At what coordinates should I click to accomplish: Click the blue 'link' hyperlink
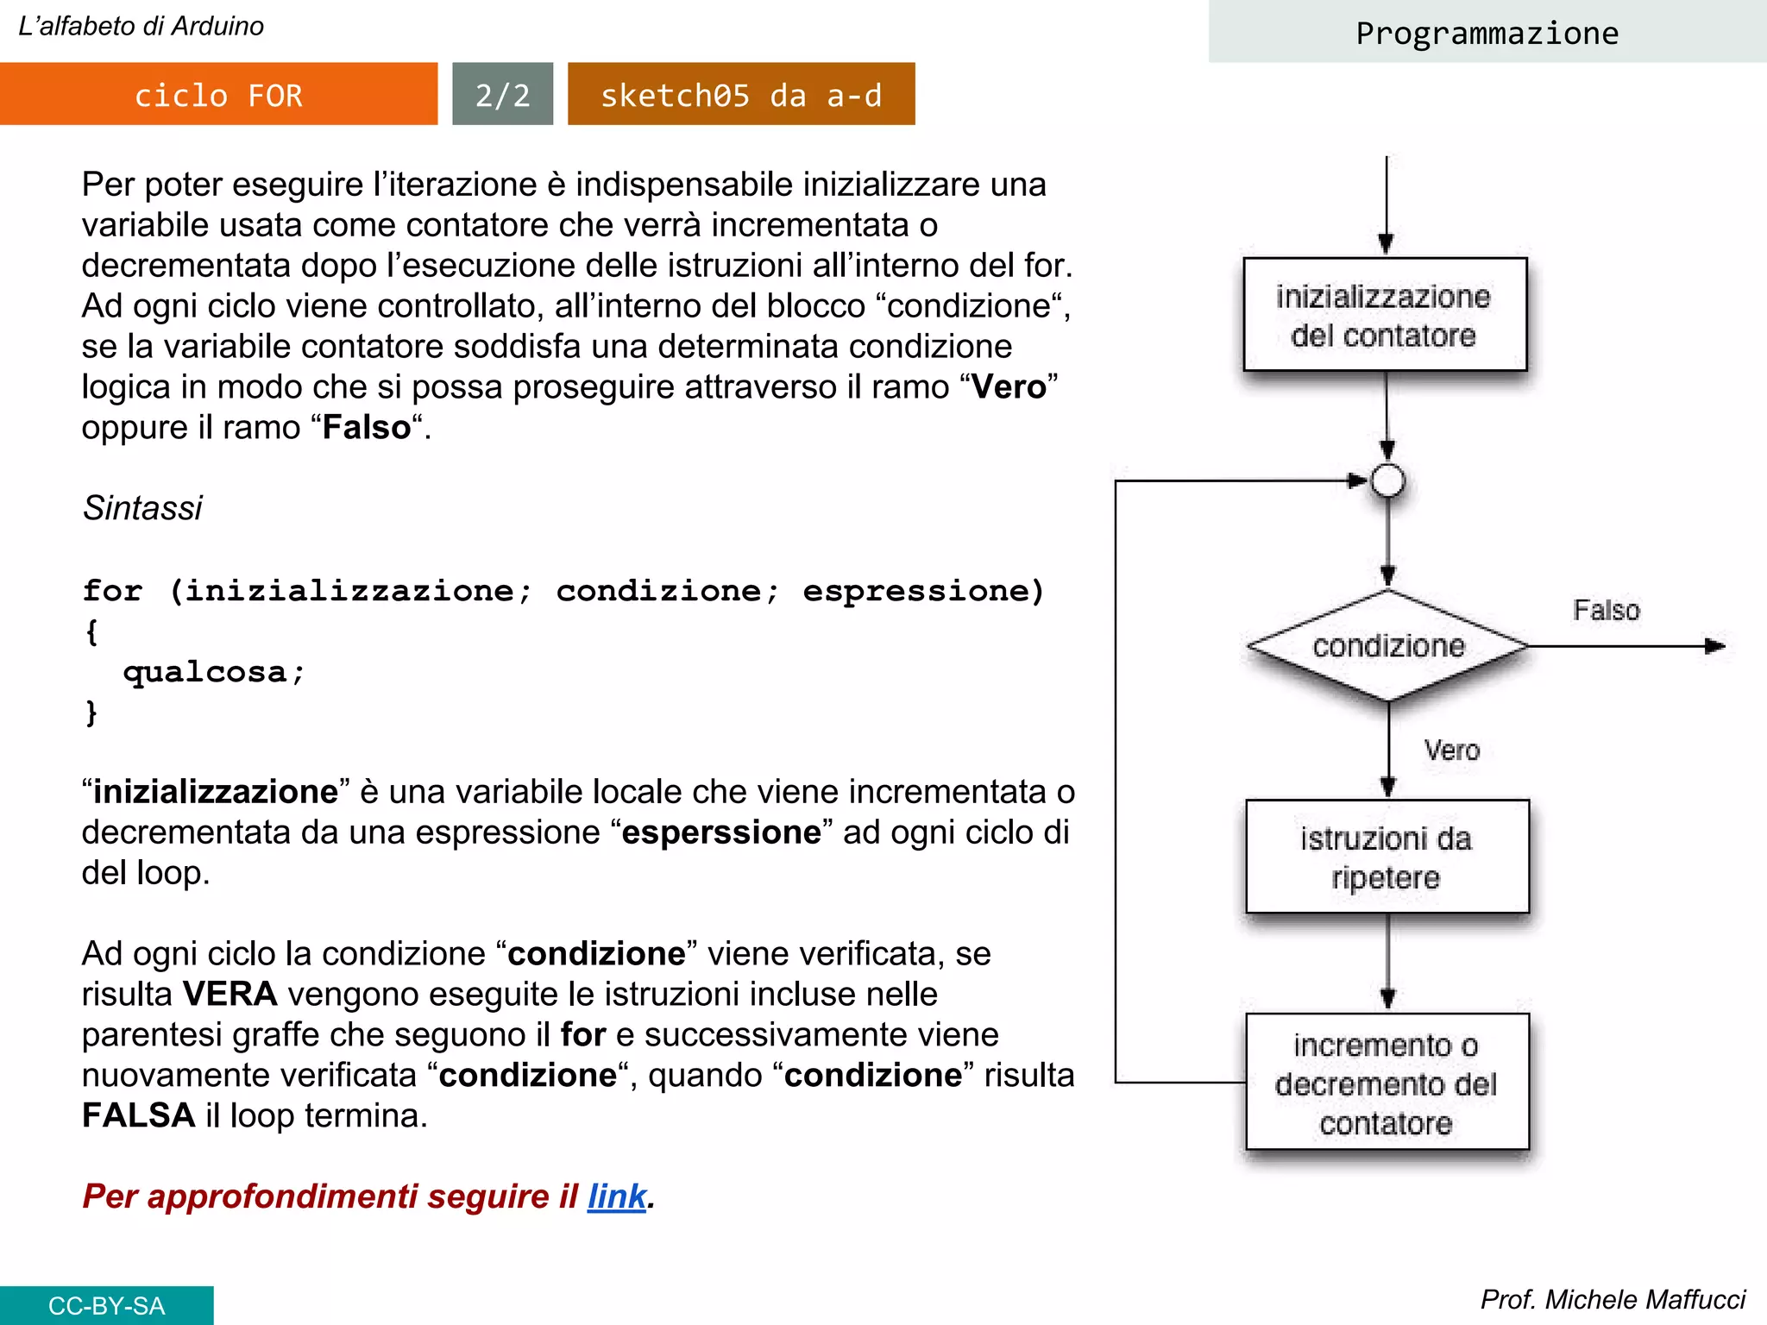coord(616,1196)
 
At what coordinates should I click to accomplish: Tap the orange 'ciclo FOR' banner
coord(218,94)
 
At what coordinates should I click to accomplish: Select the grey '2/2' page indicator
coord(502,94)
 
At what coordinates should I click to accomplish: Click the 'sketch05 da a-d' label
coord(741,94)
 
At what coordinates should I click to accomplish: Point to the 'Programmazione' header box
coord(1487,33)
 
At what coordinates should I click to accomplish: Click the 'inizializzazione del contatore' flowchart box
coord(1384,315)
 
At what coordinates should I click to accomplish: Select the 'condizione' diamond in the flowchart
coord(1387,645)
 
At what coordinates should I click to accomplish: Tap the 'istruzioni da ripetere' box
coord(1387,857)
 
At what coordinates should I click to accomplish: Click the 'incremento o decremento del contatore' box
coord(1387,1083)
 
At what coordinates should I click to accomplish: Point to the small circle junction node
coord(1387,480)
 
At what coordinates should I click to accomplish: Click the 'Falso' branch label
coord(1606,610)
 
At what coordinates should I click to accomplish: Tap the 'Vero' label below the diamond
coord(1451,750)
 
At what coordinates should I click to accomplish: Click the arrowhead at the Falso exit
coord(1715,645)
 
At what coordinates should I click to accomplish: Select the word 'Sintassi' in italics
coord(142,508)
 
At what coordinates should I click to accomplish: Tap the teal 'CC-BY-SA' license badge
coord(106,1305)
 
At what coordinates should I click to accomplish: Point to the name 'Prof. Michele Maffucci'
coord(1613,1299)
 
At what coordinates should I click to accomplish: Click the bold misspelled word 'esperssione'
coord(721,832)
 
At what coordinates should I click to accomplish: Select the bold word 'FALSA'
coord(138,1115)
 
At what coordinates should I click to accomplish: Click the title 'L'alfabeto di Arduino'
coord(141,26)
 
